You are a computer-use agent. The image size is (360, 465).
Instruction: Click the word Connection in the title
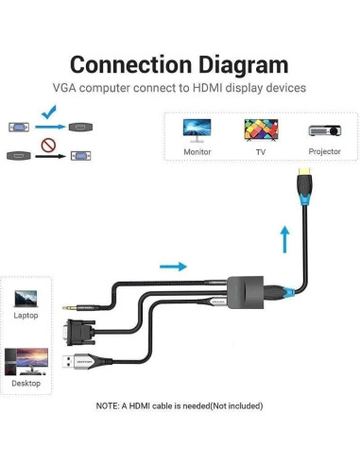[x=130, y=65]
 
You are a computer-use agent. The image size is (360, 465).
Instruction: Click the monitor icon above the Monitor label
[x=197, y=129]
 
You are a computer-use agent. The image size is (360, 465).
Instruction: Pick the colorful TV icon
[x=259, y=129]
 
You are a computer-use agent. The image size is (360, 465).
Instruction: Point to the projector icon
[x=323, y=131]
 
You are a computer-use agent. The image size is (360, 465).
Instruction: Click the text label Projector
[x=324, y=151]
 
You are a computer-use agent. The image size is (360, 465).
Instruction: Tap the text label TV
[x=260, y=151]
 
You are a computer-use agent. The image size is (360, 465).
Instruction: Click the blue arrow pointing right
[x=173, y=267]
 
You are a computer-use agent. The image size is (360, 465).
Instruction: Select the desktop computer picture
[x=26, y=359]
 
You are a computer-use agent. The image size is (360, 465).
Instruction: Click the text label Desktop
[x=26, y=383]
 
